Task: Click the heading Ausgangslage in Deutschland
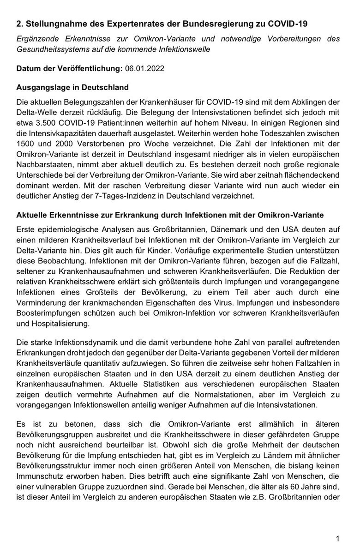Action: coord(72,87)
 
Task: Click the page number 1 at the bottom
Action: coord(338,539)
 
